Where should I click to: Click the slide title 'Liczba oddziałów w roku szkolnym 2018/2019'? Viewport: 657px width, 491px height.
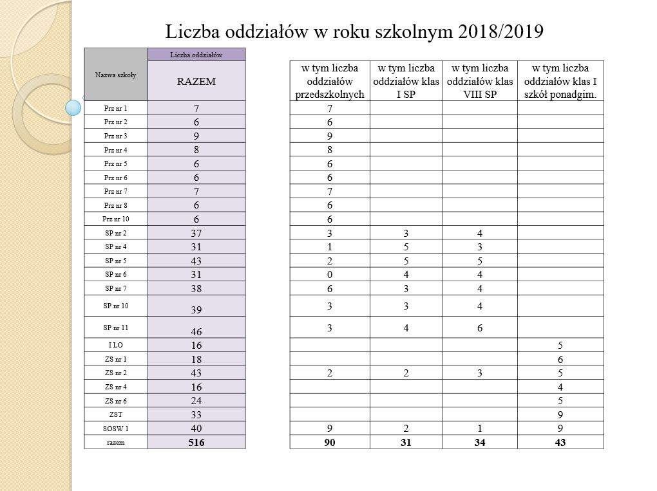pyautogui.click(x=355, y=32)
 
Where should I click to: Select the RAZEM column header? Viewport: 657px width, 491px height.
pyautogui.click(x=196, y=82)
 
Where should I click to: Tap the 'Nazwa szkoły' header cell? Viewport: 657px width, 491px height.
pyautogui.click(x=116, y=75)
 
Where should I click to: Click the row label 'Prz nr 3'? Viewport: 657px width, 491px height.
pyautogui.click(x=116, y=136)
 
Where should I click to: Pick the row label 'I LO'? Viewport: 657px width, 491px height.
pyautogui.click(x=116, y=344)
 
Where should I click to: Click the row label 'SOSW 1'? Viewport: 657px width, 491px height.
pyautogui.click(x=116, y=427)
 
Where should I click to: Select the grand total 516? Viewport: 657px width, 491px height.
pyautogui.click(x=196, y=441)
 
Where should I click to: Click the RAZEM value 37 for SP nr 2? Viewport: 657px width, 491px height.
pyautogui.click(x=196, y=233)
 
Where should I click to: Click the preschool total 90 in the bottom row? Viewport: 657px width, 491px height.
pyautogui.click(x=329, y=441)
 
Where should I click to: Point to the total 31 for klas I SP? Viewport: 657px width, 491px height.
pyautogui.click(x=405, y=441)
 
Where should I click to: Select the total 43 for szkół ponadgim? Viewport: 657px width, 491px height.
pyautogui.click(x=560, y=441)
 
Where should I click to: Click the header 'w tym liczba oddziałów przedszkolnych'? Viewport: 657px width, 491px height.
pyautogui.click(x=329, y=81)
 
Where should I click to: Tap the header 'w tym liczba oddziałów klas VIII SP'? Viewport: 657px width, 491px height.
pyautogui.click(x=479, y=81)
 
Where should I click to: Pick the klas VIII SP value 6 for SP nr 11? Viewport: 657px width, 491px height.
pyautogui.click(x=479, y=328)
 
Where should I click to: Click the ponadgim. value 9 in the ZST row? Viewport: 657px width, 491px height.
pyautogui.click(x=560, y=414)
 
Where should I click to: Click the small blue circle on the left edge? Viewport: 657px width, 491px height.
pyautogui.click(x=75, y=107)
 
